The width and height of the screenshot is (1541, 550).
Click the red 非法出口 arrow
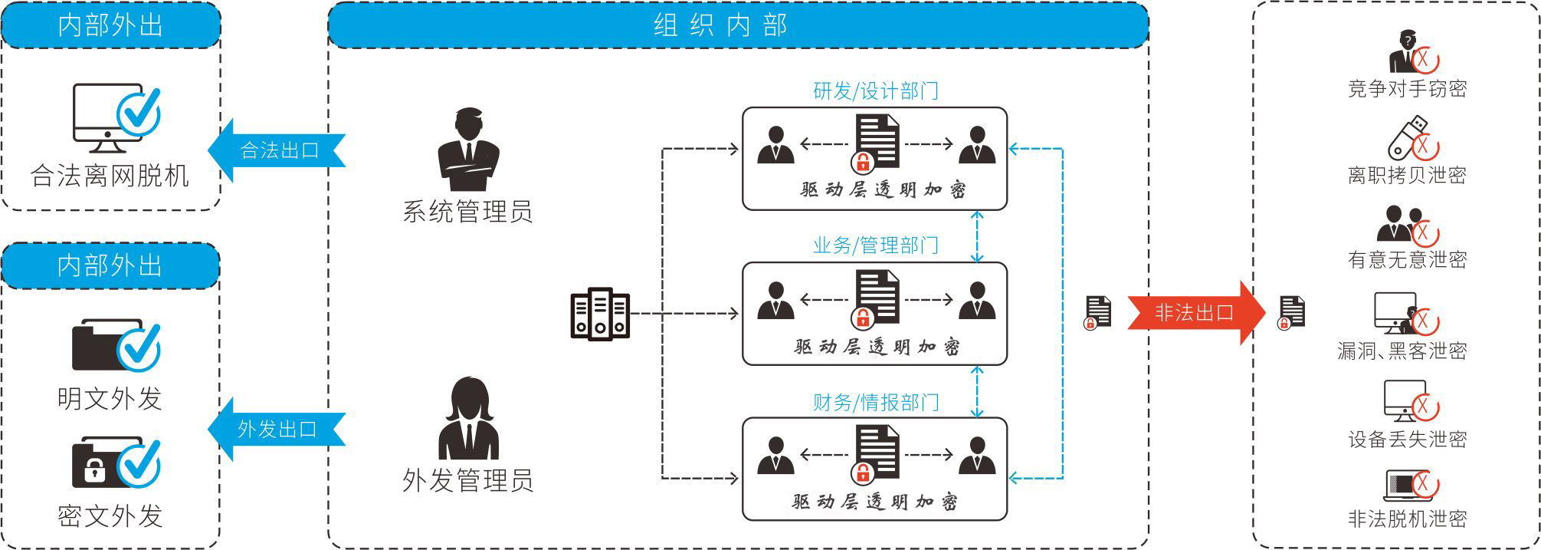coord(1193,312)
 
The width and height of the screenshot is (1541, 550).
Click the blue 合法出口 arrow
coord(277,150)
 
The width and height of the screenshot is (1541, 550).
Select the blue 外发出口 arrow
coord(277,429)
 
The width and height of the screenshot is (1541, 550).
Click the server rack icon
coord(600,314)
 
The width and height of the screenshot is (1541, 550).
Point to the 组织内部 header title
coord(720,25)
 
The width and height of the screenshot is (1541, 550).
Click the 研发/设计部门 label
coord(875,91)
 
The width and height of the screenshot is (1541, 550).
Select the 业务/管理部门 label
coord(875,245)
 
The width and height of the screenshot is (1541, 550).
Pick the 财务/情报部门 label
coord(875,402)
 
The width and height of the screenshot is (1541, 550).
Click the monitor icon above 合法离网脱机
coord(108,117)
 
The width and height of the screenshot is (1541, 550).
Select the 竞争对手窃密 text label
coord(1407,89)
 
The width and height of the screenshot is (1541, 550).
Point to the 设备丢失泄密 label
coord(1407,439)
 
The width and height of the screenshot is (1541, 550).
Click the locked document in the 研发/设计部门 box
coord(875,142)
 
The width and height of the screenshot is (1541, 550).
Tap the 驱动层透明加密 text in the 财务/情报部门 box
coord(875,502)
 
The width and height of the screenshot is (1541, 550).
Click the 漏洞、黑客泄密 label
coord(1402,351)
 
